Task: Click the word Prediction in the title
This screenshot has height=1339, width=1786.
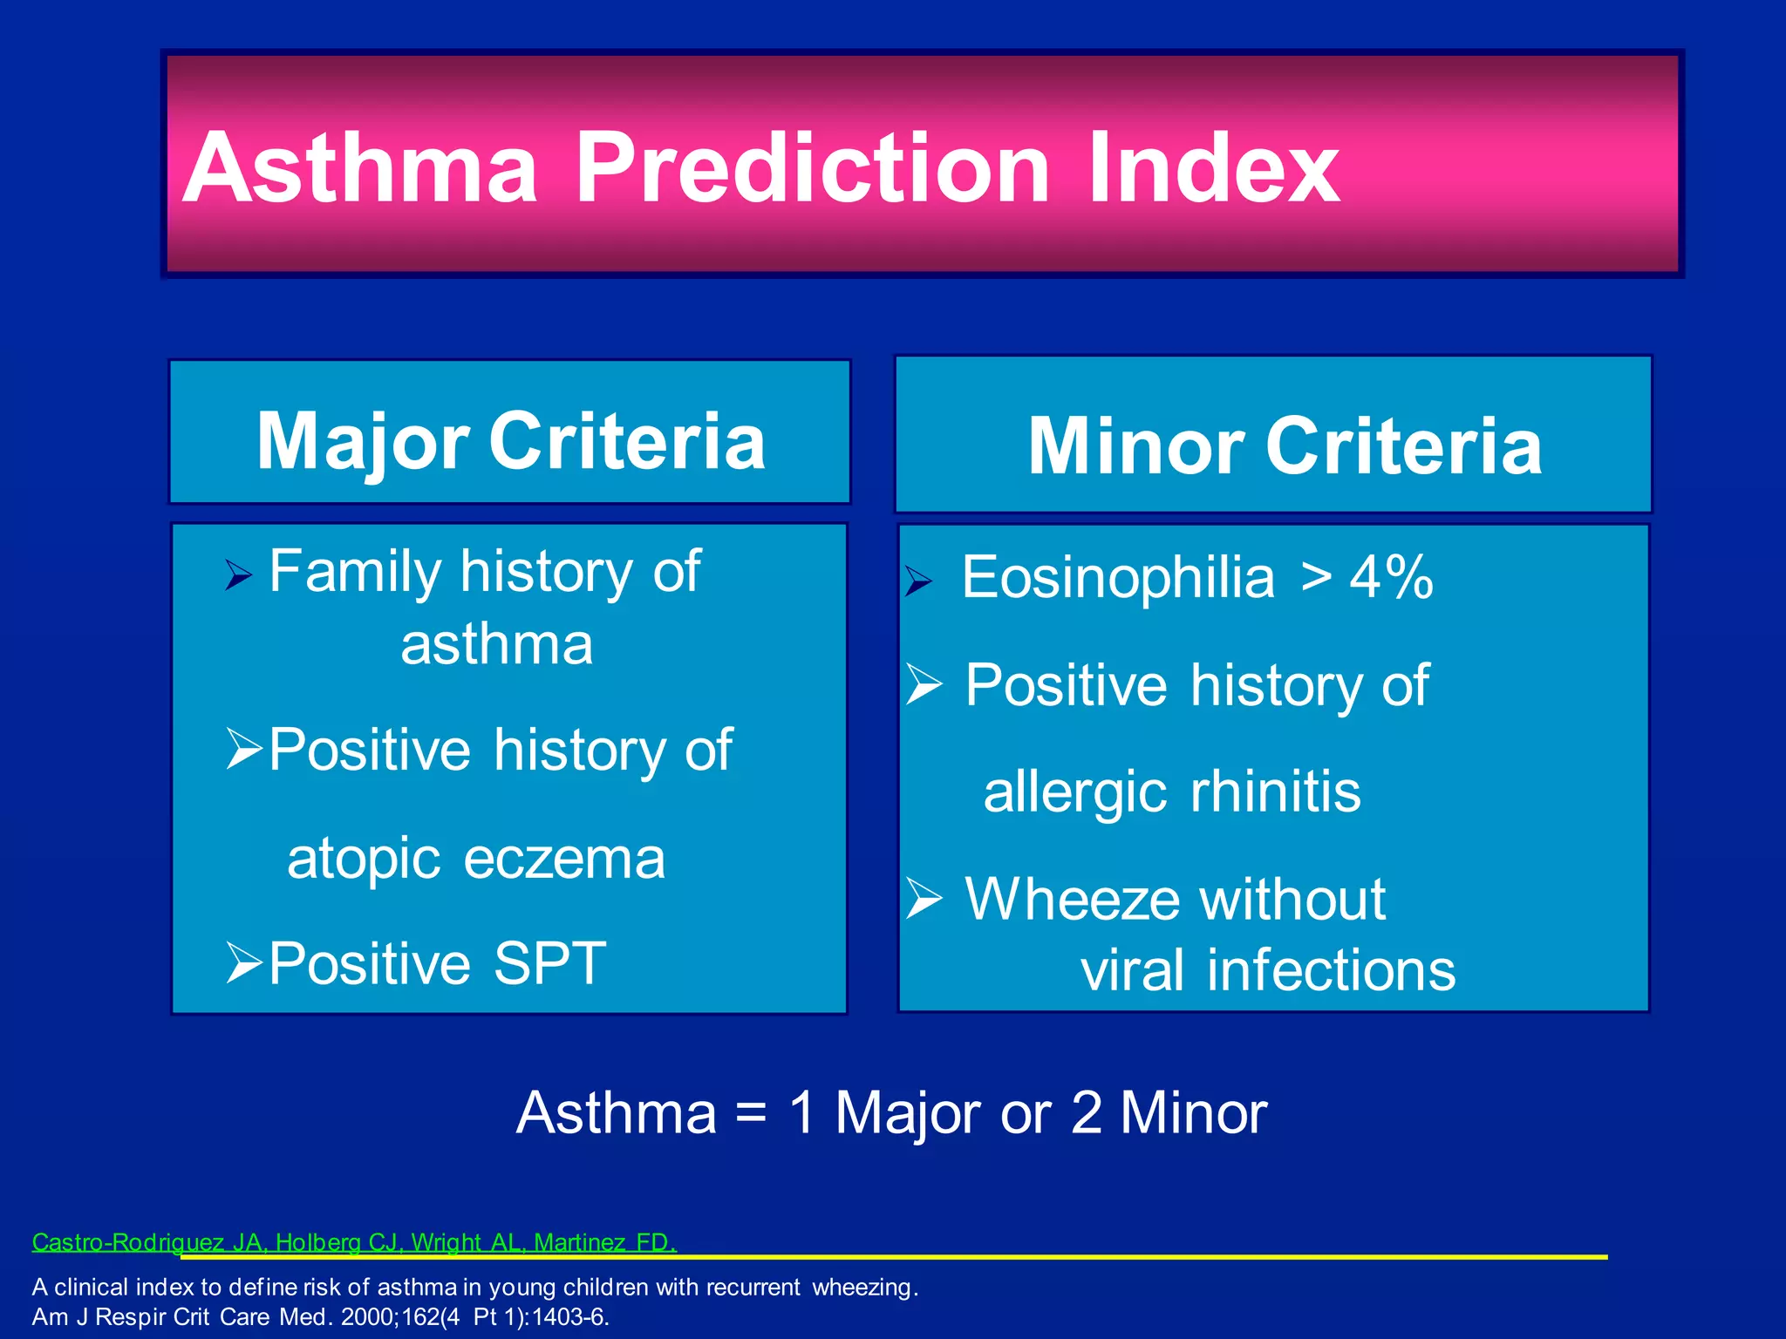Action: pyautogui.click(x=811, y=167)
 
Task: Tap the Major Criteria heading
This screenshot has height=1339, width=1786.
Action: pyautogui.click(x=510, y=441)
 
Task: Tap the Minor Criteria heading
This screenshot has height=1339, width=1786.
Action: pyautogui.click(x=1285, y=445)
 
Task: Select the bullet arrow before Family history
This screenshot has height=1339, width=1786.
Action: pyautogui.click(x=238, y=575)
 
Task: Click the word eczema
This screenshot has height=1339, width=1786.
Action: pyautogui.click(x=564, y=859)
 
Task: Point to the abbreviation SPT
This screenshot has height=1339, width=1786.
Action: pyautogui.click(x=549, y=963)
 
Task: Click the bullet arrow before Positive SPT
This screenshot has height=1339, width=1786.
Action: pyautogui.click(x=243, y=962)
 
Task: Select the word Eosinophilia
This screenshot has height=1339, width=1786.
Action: pyautogui.click(x=1118, y=578)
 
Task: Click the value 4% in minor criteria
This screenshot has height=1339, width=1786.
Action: pyautogui.click(x=1391, y=578)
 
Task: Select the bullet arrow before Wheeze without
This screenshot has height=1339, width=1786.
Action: pyautogui.click(x=924, y=899)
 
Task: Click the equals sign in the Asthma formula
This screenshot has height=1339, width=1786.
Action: pyautogui.click(x=751, y=1114)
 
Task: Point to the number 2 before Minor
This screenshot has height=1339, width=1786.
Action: pyautogui.click(x=1086, y=1113)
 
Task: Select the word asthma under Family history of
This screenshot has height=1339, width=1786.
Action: pyautogui.click(x=496, y=645)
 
